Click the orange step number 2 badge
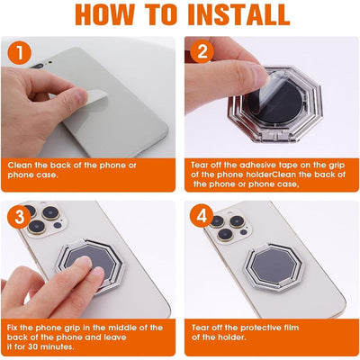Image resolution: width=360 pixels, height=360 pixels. [202, 52]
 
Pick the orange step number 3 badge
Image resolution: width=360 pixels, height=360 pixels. [19, 219]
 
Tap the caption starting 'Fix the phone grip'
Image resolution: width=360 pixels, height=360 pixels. [85, 337]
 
